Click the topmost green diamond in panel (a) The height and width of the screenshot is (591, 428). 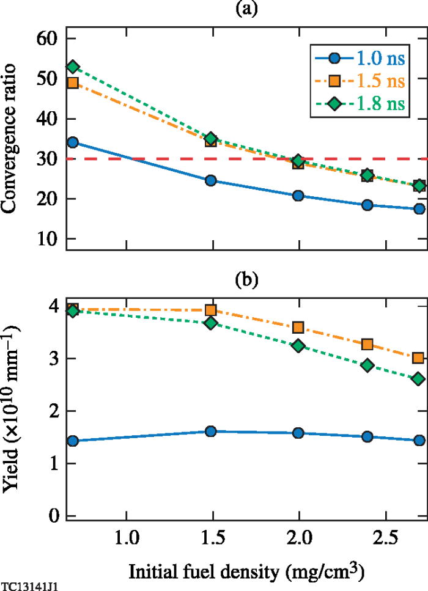(73, 67)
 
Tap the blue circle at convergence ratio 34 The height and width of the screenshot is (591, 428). (73, 143)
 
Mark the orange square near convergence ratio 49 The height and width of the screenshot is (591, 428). (73, 83)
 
